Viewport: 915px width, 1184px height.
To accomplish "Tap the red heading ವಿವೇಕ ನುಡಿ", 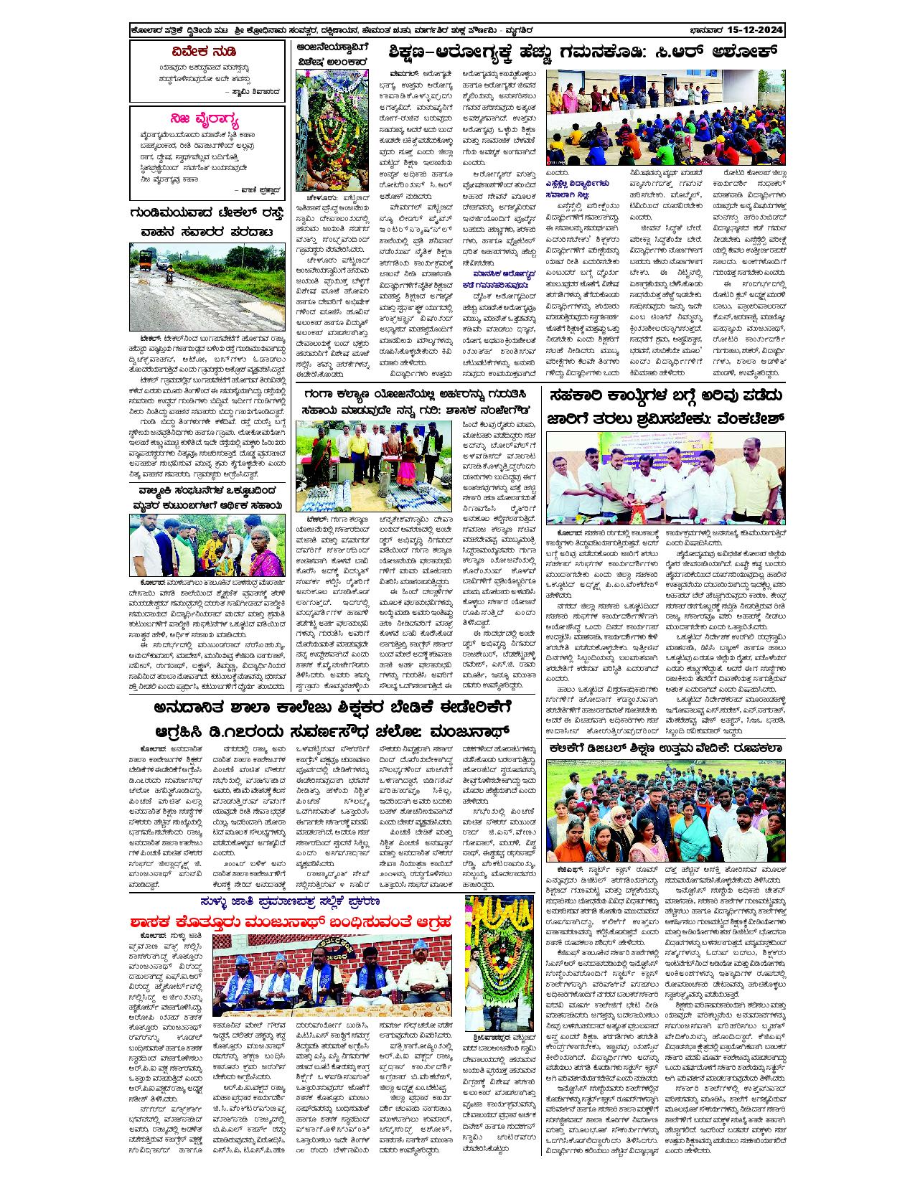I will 207,52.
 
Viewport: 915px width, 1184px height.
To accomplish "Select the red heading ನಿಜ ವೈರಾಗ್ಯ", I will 207,118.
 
